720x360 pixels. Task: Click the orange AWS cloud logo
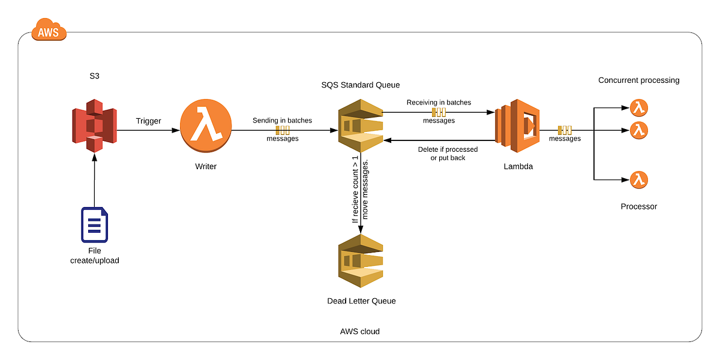click(x=48, y=29)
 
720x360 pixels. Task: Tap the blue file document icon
click(x=94, y=224)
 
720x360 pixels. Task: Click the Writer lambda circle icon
click(x=206, y=128)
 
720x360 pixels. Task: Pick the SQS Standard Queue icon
click(x=360, y=127)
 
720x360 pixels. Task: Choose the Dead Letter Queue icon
click(x=360, y=261)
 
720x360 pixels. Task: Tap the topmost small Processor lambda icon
click(x=639, y=108)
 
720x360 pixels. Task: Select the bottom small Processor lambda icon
click(x=639, y=179)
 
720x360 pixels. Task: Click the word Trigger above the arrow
click(x=148, y=121)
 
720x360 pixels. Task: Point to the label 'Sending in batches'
click(x=282, y=121)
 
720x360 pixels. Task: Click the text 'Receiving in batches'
click(x=439, y=103)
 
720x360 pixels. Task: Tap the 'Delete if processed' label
click(x=448, y=149)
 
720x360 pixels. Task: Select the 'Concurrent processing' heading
click(x=638, y=80)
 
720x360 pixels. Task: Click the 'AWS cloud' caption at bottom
click(x=359, y=331)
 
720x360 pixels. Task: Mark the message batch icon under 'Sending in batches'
click(x=283, y=130)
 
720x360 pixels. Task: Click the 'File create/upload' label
click(x=94, y=256)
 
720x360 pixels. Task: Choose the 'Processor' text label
click(x=638, y=206)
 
